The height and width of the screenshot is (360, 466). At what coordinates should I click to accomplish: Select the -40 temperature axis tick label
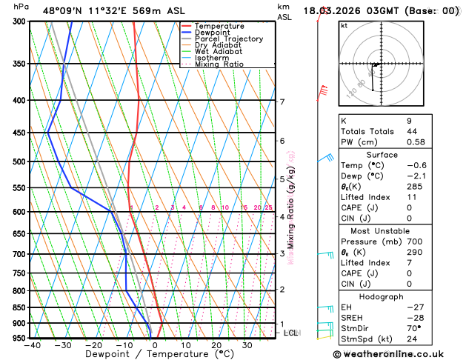[32, 345]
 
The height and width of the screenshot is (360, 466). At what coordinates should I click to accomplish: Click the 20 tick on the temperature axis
[216, 345]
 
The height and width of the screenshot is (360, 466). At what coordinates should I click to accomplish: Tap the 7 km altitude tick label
[282, 101]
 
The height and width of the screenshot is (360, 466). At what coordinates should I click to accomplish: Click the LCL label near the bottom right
[290, 333]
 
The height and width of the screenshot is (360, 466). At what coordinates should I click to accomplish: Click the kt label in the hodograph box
[344, 25]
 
